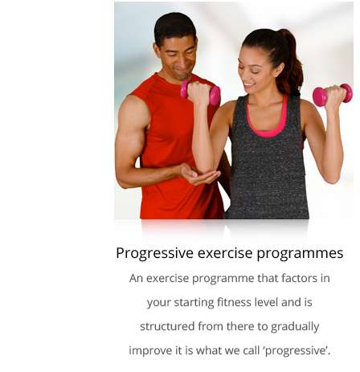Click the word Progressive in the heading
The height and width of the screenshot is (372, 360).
pyautogui.click(x=154, y=253)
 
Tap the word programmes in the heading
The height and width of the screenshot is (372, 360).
pyautogui.click(x=300, y=254)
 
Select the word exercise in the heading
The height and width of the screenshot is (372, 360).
pyautogui.click(x=225, y=253)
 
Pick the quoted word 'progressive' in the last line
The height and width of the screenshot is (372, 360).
pyautogui.click(x=297, y=351)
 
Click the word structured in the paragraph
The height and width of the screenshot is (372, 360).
pyautogui.click(x=167, y=326)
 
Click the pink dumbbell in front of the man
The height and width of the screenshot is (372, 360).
pyautogui.click(x=200, y=92)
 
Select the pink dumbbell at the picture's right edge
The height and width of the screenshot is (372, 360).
pyautogui.click(x=333, y=95)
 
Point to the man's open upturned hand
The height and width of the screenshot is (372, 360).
pyautogui.click(x=199, y=175)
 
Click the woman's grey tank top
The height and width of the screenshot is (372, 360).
pyautogui.click(x=268, y=166)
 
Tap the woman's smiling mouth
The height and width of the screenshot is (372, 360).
pyautogui.click(x=249, y=84)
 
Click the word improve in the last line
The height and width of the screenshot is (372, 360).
pyautogui.click(x=150, y=351)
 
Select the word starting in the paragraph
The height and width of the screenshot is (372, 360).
pyautogui.click(x=194, y=303)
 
